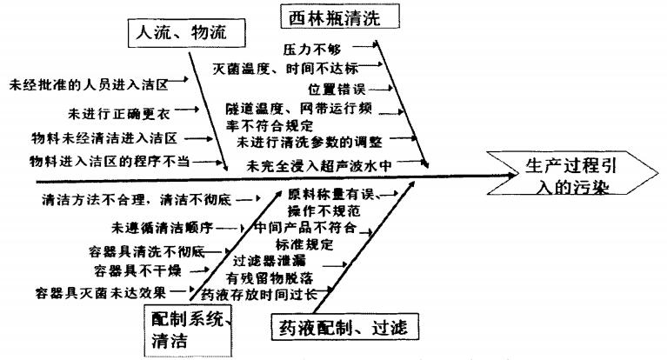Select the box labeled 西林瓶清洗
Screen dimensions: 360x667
click(x=330, y=17)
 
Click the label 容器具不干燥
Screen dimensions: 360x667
click(x=137, y=270)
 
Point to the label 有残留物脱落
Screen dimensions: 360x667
click(x=270, y=277)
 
